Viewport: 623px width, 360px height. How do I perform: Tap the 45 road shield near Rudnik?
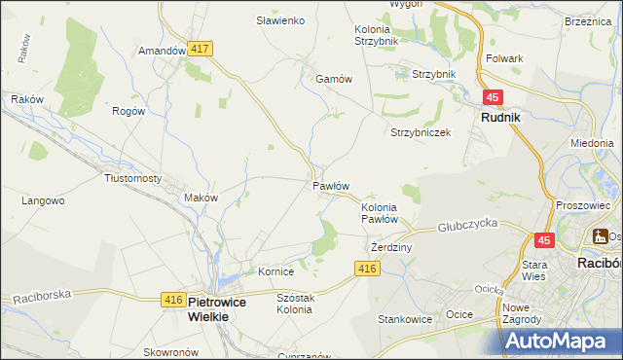(494, 97)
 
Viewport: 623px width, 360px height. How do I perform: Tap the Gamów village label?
(332, 80)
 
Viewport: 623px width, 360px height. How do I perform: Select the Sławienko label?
(280, 19)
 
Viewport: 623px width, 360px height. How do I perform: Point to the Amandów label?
(162, 51)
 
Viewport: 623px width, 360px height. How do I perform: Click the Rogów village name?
(128, 111)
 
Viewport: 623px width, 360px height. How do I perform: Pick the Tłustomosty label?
(132, 179)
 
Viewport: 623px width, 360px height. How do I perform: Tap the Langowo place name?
(43, 201)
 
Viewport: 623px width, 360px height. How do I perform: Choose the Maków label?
(201, 198)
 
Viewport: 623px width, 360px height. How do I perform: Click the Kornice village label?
(275, 271)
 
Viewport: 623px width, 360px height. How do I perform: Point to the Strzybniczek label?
(421, 133)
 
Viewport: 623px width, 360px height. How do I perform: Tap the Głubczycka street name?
(467, 223)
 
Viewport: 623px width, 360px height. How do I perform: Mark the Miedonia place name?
(592, 142)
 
